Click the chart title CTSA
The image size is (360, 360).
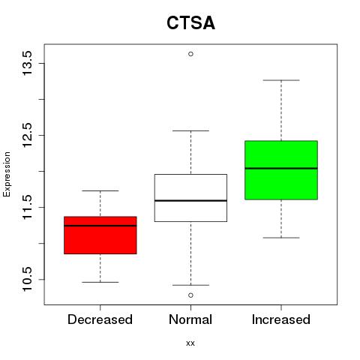(x=190, y=22)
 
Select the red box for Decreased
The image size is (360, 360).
(x=100, y=235)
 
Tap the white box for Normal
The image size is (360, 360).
(x=190, y=198)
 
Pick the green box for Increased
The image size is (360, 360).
(x=281, y=170)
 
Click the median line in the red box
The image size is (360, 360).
(x=100, y=226)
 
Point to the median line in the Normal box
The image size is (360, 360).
(x=190, y=200)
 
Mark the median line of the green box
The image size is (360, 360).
(x=281, y=168)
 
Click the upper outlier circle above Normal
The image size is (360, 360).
(x=190, y=54)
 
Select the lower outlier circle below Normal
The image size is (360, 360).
(x=190, y=295)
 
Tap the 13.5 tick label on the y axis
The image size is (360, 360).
(x=27, y=63)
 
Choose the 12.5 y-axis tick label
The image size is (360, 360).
(x=27, y=135)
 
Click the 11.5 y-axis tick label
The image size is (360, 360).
(x=27, y=207)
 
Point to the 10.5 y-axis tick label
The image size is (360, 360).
(x=27, y=279)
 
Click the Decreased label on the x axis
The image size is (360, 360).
(x=100, y=319)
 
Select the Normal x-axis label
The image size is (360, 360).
(x=190, y=319)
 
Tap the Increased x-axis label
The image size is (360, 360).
(x=281, y=319)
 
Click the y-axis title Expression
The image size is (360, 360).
(x=7, y=174)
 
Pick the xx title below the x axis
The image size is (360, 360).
(x=190, y=343)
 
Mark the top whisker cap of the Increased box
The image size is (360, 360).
(x=281, y=80)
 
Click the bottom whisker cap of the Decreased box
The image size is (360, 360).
(x=100, y=282)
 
